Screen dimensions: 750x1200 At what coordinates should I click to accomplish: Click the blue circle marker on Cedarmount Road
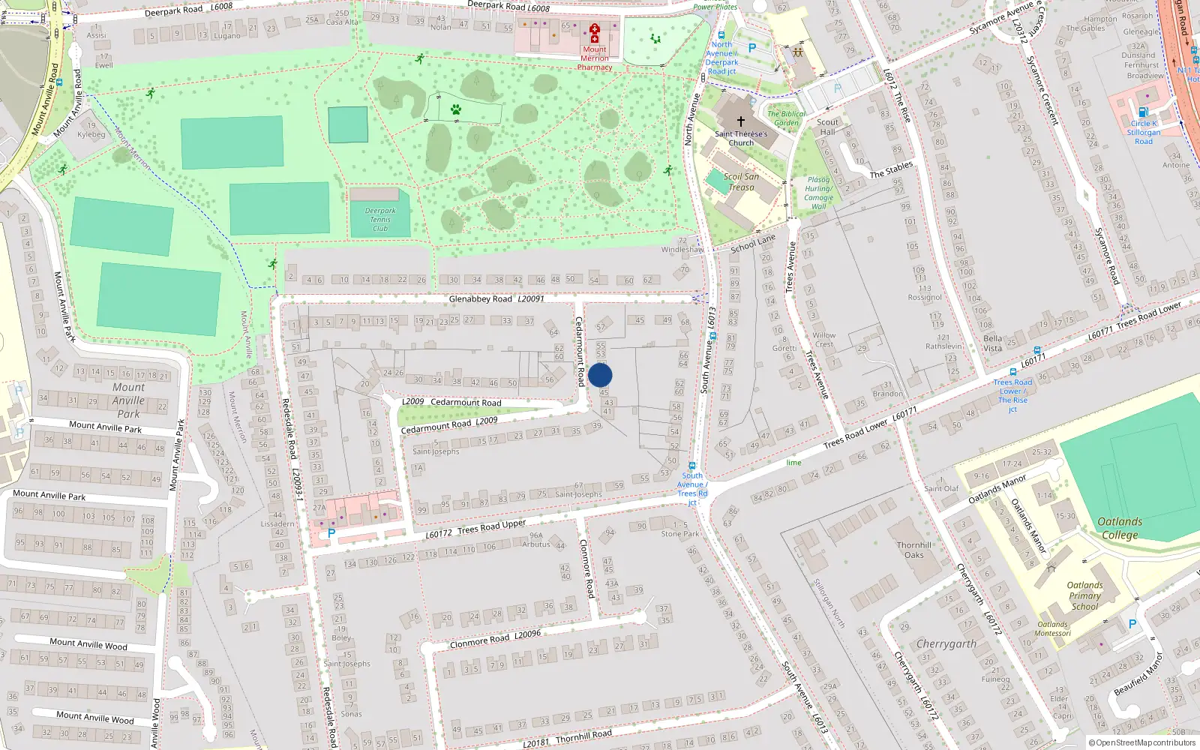pyautogui.click(x=600, y=375)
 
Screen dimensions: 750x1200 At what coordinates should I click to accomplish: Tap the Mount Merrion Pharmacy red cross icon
pyautogui.click(x=595, y=34)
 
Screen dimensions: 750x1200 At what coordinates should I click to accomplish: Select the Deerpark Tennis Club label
pyautogui.click(x=380, y=219)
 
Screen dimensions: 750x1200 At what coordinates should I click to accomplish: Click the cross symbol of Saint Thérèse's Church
pyautogui.click(x=741, y=121)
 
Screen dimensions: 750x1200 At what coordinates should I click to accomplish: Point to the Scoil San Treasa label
pyautogui.click(x=741, y=182)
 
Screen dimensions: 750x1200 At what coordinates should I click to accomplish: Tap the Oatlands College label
pyautogui.click(x=1120, y=528)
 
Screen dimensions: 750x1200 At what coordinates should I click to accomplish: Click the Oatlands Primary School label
pyautogui.click(x=1084, y=595)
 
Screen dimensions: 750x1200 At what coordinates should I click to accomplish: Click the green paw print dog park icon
pyautogui.click(x=455, y=109)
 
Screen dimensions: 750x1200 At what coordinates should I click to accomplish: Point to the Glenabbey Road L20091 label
pyautogui.click(x=496, y=298)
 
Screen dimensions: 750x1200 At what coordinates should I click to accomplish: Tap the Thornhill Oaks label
pyautogui.click(x=913, y=550)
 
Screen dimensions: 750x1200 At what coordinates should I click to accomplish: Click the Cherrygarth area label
pyautogui.click(x=946, y=643)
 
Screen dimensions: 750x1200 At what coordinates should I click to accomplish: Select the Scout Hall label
pyautogui.click(x=827, y=127)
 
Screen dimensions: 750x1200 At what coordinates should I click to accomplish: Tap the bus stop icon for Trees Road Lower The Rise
pyautogui.click(x=1012, y=371)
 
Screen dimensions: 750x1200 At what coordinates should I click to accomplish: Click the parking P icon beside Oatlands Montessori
pyautogui.click(x=1132, y=623)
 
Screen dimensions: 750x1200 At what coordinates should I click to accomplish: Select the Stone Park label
pyautogui.click(x=680, y=534)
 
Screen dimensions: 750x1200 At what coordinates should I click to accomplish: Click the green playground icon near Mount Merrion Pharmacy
pyautogui.click(x=655, y=39)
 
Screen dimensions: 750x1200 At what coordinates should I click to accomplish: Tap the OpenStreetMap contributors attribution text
pyautogui.click(x=1142, y=742)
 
